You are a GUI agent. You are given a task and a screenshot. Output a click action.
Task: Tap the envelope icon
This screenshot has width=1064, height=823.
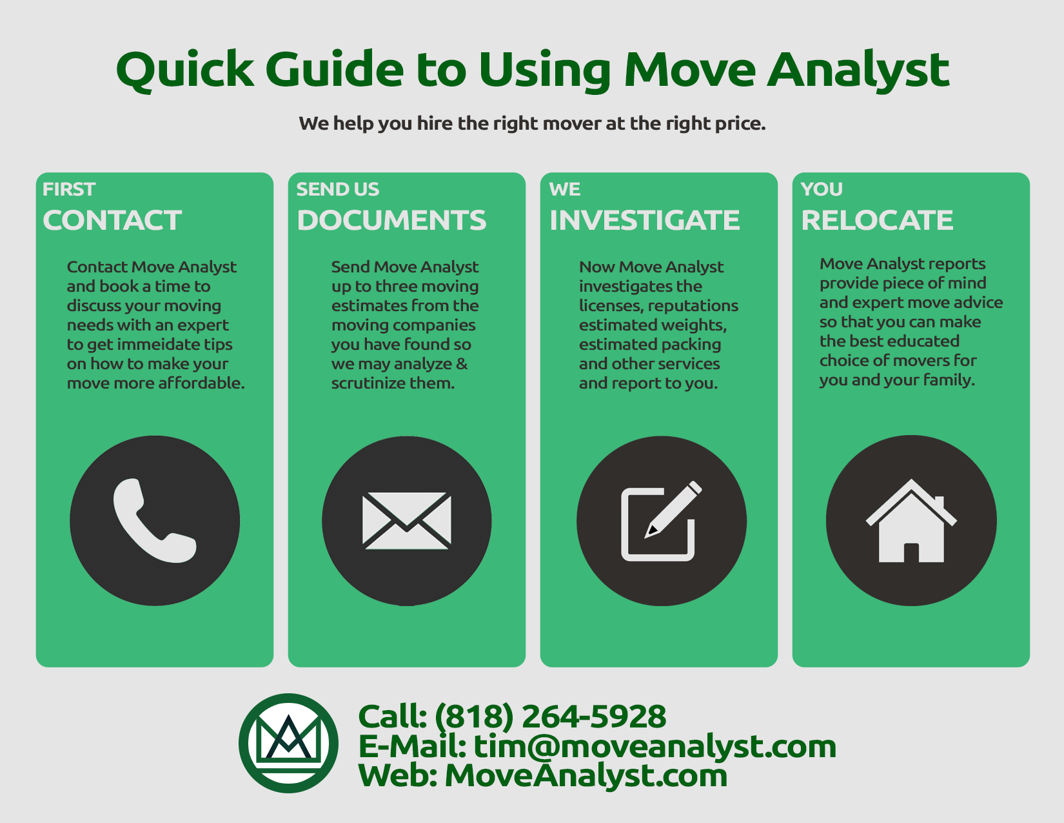coord(406,520)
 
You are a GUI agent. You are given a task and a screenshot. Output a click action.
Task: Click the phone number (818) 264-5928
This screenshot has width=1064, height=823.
coord(550,716)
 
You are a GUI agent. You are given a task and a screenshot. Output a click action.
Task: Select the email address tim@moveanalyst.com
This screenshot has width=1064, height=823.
coord(655,747)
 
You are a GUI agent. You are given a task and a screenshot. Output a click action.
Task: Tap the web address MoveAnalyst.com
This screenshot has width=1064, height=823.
coord(586,776)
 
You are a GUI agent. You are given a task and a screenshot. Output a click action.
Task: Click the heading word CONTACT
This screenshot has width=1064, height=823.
coord(112,220)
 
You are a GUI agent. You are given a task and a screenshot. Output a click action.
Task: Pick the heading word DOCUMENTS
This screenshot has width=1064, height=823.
coord(391,220)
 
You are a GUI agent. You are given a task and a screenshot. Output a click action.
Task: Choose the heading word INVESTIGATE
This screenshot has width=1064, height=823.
coord(644,220)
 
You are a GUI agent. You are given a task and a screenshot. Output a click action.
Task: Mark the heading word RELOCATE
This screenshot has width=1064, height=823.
coord(877,220)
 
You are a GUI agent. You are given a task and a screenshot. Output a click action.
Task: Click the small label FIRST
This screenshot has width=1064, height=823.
coord(68,189)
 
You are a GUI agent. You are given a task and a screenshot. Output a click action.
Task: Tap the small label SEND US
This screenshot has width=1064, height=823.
coord(337,189)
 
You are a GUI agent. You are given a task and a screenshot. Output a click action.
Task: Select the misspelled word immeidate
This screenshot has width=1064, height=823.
coord(159,344)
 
